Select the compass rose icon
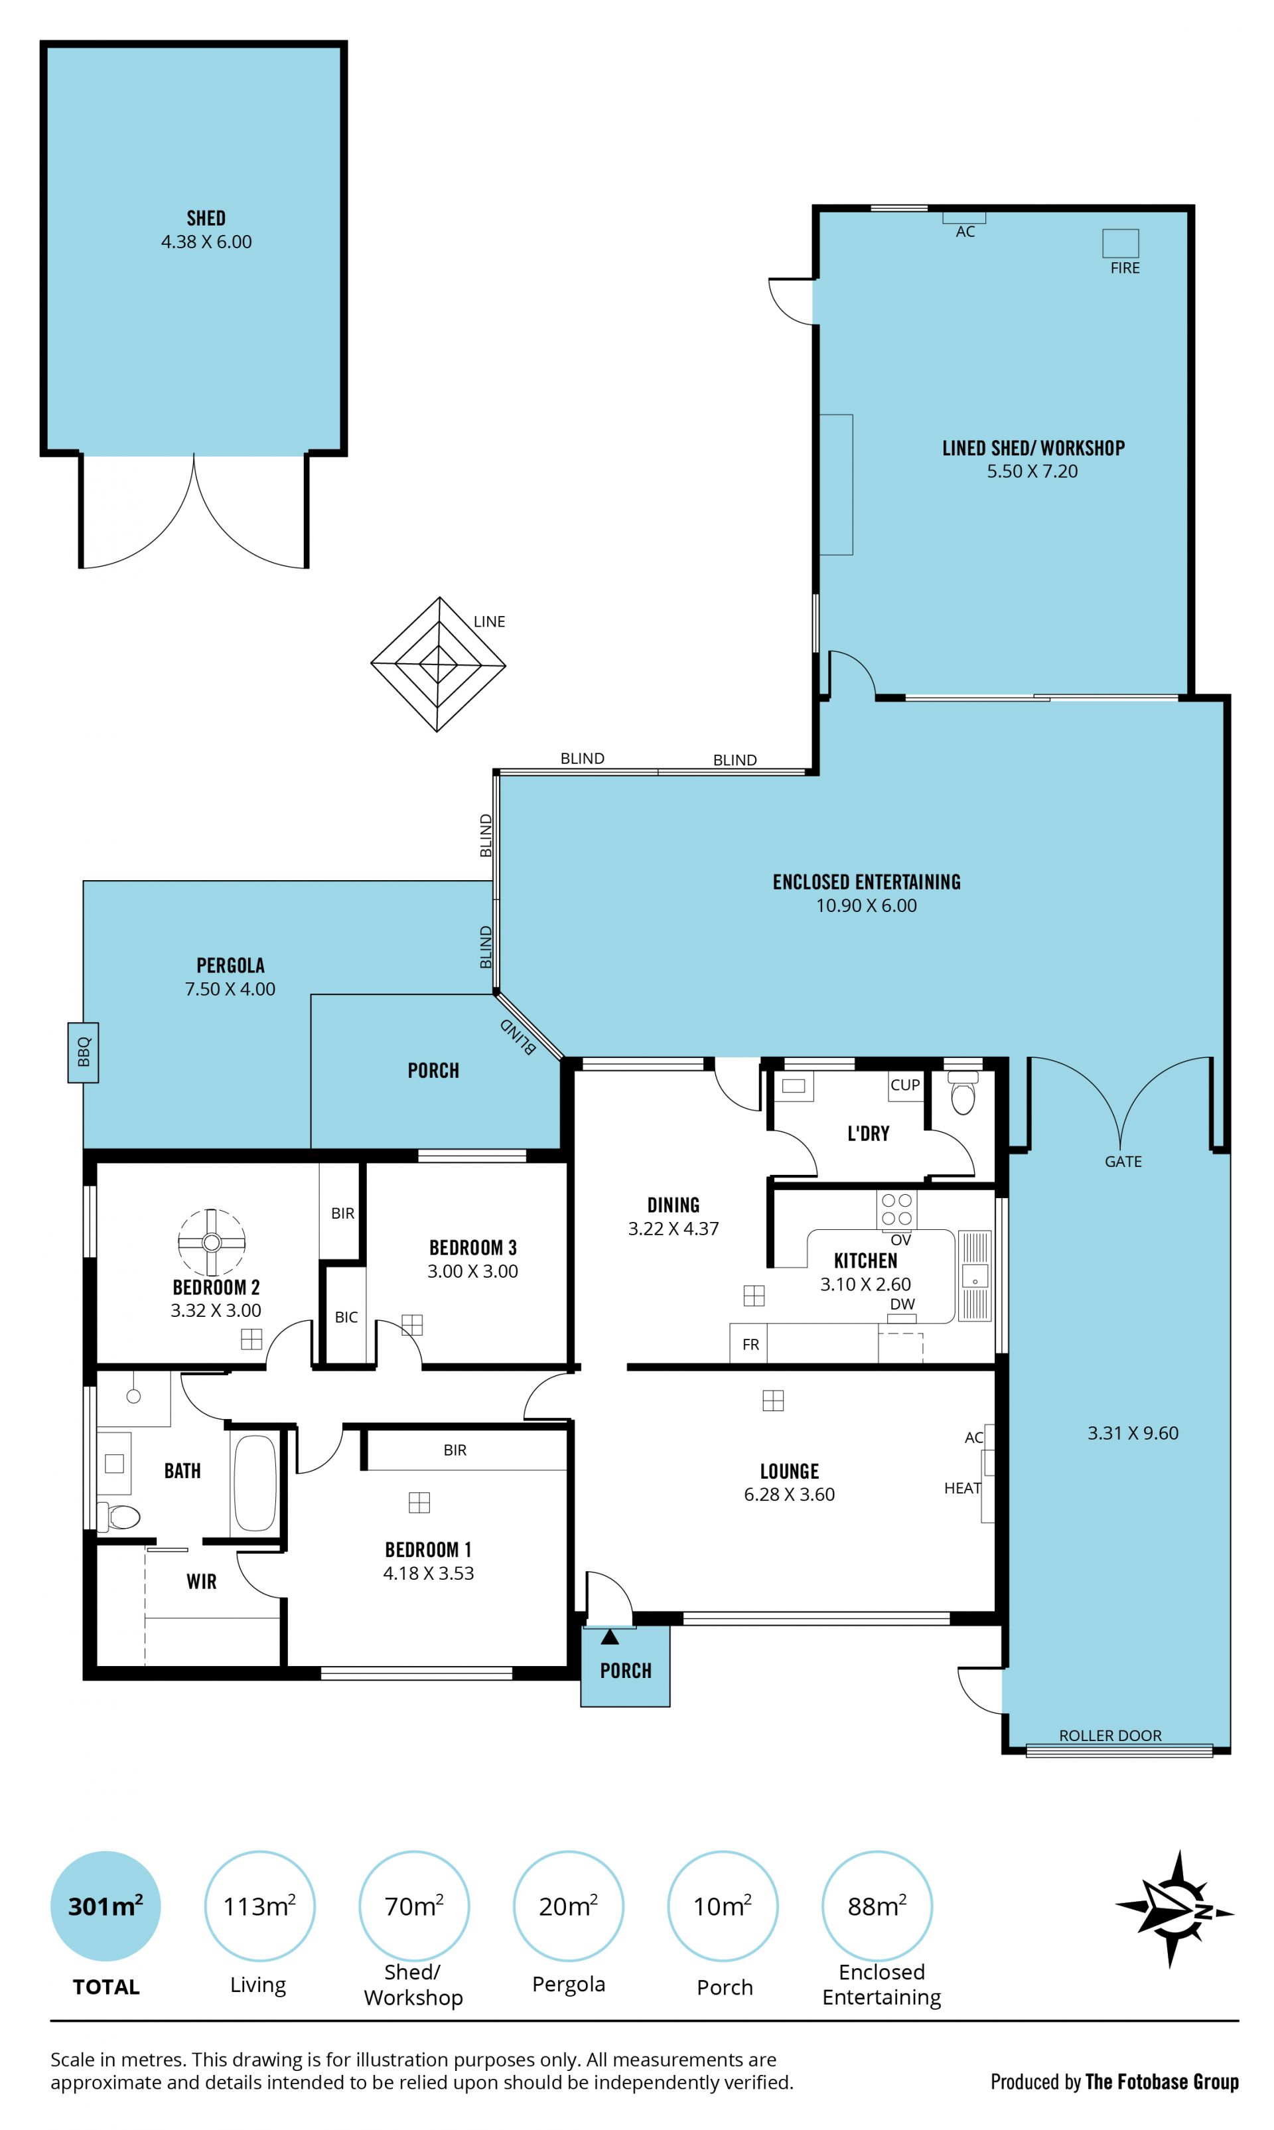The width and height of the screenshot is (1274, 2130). pyautogui.click(x=1174, y=1908)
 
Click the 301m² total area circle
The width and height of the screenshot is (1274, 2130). pyautogui.click(x=106, y=1906)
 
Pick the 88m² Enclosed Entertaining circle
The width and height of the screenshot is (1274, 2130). pyautogui.click(x=877, y=1906)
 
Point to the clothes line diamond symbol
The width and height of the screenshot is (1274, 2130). pyautogui.click(x=438, y=664)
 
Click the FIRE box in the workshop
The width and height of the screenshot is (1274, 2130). pyautogui.click(x=1120, y=243)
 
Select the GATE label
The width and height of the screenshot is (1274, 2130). pyautogui.click(x=1123, y=1162)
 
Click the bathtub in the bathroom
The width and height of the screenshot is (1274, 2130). pyautogui.click(x=255, y=1483)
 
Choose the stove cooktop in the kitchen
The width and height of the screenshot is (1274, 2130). pyautogui.click(x=896, y=1209)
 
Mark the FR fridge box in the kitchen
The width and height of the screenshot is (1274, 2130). pyautogui.click(x=748, y=1343)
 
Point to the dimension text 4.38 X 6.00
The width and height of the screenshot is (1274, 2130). pyautogui.click(x=207, y=242)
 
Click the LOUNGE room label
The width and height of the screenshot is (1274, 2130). pyautogui.click(x=789, y=1472)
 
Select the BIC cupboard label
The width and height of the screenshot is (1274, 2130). pyautogui.click(x=346, y=1317)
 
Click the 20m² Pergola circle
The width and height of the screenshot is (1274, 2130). pyautogui.click(x=568, y=1906)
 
